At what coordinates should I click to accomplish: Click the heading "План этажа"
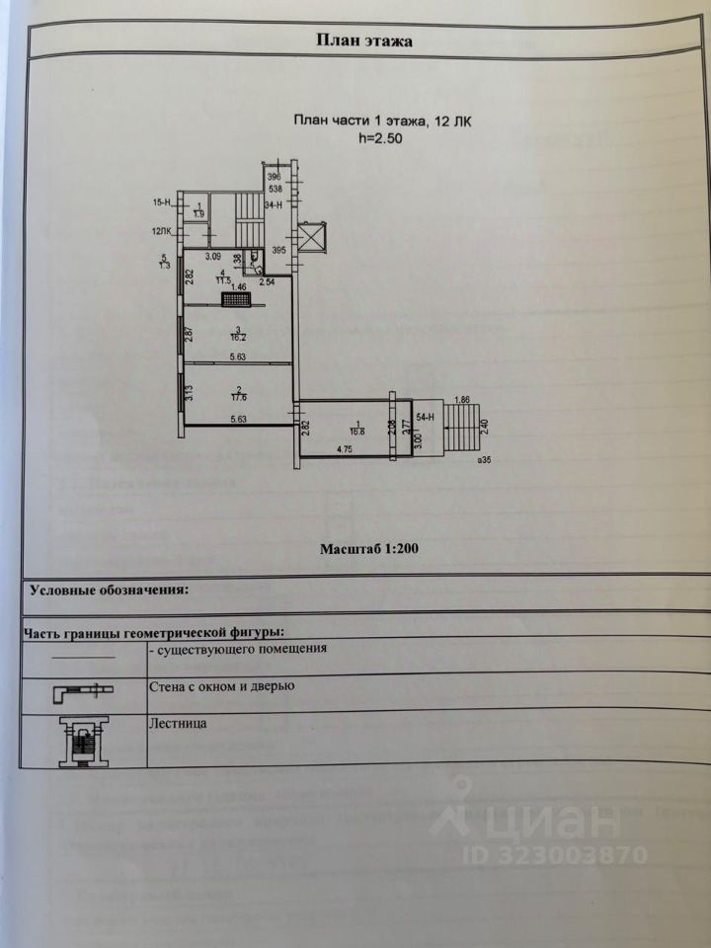tap(363, 41)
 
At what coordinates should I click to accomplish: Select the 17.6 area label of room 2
tap(237, 397)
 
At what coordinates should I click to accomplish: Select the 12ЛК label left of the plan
tap(162, 233)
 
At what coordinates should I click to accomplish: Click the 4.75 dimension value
tap(346, 449)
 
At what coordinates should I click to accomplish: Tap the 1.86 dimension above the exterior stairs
tap(461, 399)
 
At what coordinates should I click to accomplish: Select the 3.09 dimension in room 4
tap(211, 258)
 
